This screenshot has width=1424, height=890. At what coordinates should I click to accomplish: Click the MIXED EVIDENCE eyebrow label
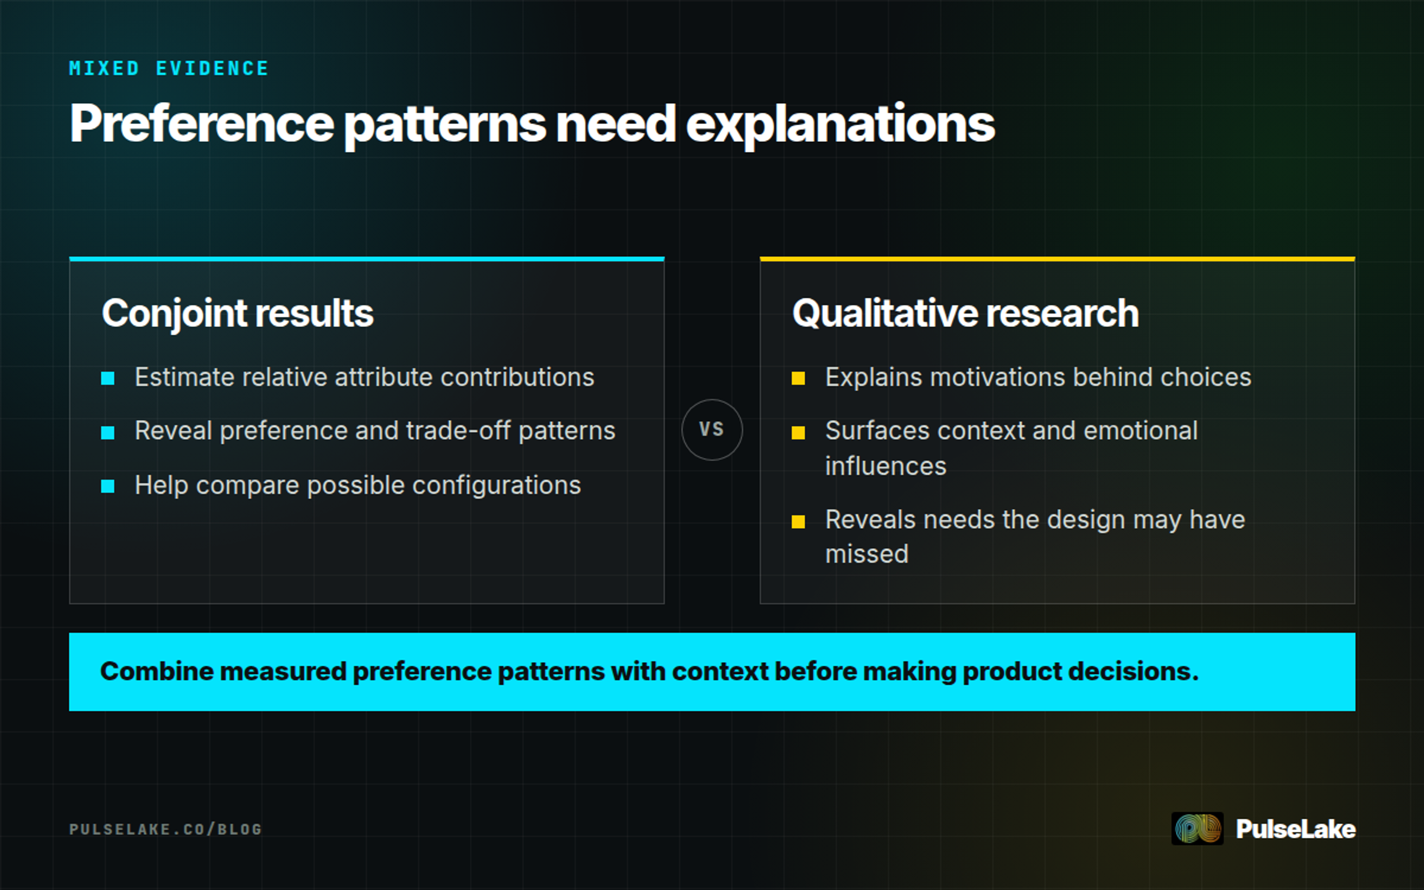pyautogui.click(x=169, y=68)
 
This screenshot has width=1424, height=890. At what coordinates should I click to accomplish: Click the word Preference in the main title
pyautogui.click(x=202, y=123)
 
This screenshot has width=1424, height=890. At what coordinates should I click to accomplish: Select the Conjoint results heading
pyautogui.click(x=237, y=313)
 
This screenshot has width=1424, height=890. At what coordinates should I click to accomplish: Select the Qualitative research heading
pyautogui.click(x=965, y=313)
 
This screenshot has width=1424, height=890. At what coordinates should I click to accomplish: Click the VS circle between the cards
pyautogui.click(x=712, y=430)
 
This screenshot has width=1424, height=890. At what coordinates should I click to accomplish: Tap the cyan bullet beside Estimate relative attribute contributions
pyautogui.click(x=108, y=378)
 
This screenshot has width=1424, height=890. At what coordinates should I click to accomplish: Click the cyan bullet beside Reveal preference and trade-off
pyautogui.click(x=108, y=433)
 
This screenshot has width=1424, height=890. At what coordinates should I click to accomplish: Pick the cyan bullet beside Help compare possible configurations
pyautogui.click(x=108, y=487)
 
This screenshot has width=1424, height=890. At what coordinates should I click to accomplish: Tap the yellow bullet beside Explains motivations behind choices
pyautogui.click(x=799, y=378)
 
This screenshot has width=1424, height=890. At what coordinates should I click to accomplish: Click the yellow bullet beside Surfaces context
pyautogui.click(x=799, y=433)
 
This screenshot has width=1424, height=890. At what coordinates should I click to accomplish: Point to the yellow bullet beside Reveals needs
pyautogui.click(x=799, y=522)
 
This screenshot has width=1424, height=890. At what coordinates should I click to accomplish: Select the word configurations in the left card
pyautogui.click(x=497, y=485)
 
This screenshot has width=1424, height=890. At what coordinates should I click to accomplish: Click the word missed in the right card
pyautogui.click(x=867, y=554)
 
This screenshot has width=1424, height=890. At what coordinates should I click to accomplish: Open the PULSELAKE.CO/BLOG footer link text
pyautogui.click(x=166, y=829)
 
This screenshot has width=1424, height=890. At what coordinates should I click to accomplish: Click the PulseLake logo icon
pyautogui.click(x=1197, y=828)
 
